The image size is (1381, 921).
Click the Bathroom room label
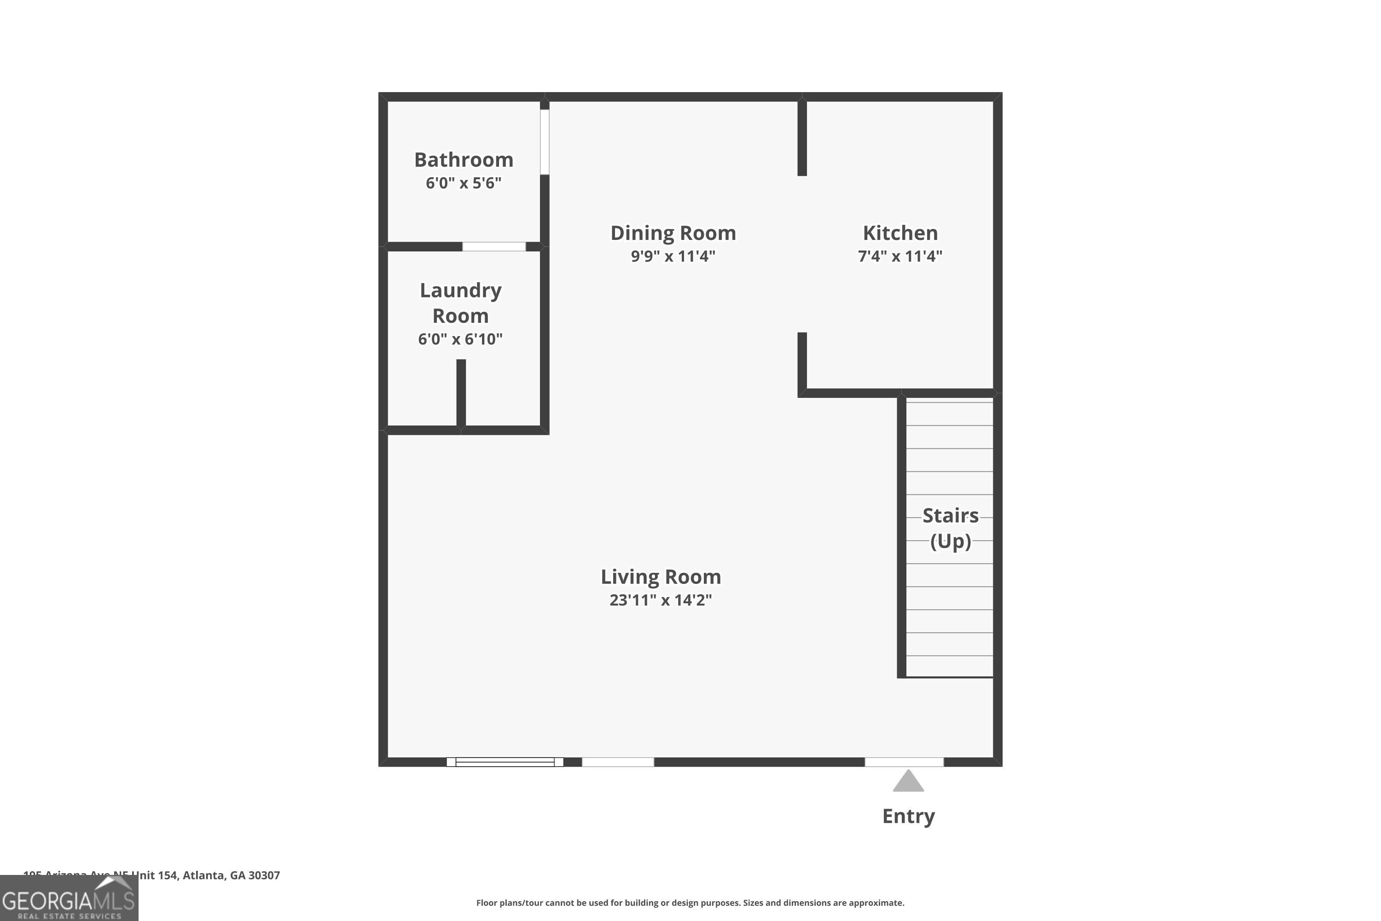[463, 160]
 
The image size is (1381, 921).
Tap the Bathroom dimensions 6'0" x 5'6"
[463, 183]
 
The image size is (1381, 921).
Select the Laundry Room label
[460, 303]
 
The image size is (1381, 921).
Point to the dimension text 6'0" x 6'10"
[460, 339]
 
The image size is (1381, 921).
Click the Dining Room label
[673, 233]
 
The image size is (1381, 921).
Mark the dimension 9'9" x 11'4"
[673, 256]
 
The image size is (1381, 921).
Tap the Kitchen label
[900, 233]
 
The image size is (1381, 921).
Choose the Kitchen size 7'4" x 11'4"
[900, 256]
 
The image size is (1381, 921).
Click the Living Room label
[661, 577]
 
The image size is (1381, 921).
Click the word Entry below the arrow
[908, 816]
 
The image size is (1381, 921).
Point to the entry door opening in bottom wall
[904, 762]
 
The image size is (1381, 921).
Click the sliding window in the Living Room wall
[505, 762]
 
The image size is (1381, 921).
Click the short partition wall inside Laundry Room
[461, 392]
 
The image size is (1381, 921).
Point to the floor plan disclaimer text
[690, 903]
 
